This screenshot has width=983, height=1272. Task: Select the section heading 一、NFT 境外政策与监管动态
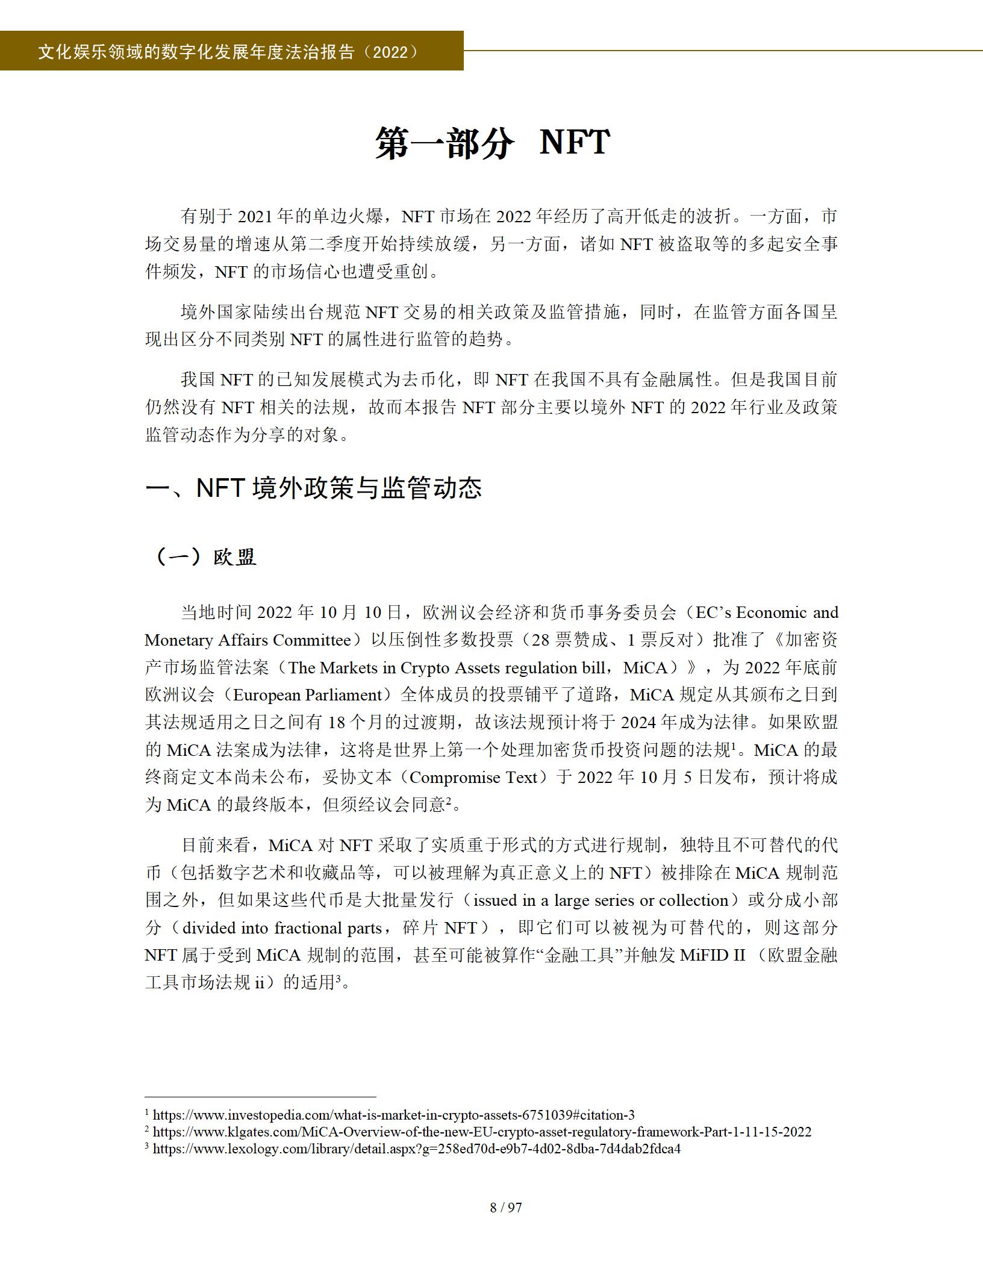click(x=313, y=488)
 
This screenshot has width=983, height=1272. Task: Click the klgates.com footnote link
click(x=482, y=1132)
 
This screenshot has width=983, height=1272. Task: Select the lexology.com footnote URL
click(x=416, y=1149)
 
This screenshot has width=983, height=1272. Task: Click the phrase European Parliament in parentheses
click(x=308, y=695)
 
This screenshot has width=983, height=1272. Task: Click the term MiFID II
click(x=713, y=955)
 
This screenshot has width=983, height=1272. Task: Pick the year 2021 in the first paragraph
click(x=257, y=216)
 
